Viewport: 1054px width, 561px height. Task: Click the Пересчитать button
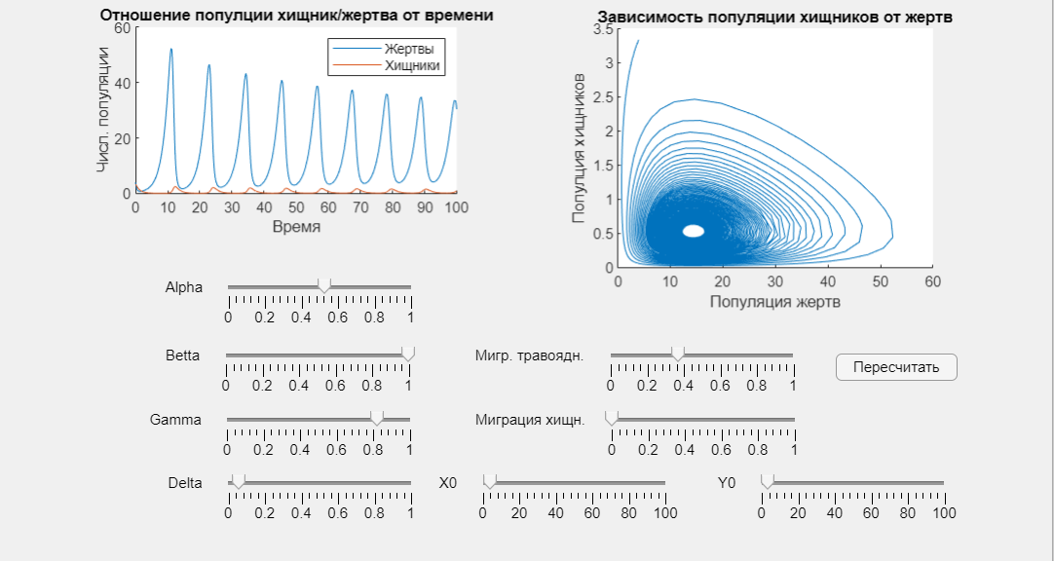click(896, 367)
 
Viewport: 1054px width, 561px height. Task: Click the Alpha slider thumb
click(324, 285)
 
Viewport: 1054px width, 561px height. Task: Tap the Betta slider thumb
click(408, 354)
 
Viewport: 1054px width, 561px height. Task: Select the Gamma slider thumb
click(377, 418)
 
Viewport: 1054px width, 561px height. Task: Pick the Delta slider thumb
click(238, 481)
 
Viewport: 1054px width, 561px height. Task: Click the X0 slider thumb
click(490, 481)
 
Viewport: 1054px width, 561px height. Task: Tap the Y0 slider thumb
click(768, 481)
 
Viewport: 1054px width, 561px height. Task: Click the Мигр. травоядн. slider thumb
click(678, 354)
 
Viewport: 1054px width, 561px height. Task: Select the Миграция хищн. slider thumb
click(612, 418)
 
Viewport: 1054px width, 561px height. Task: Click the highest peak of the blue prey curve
click(170, 49)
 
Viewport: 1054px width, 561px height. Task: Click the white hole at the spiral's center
click(693, 231)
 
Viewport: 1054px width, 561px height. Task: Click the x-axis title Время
click(296, 227)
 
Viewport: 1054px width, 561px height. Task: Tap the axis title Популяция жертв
click(775, 302)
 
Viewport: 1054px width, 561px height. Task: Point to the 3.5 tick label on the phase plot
click(603, 29)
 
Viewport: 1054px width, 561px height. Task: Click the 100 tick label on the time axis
click(457, 208)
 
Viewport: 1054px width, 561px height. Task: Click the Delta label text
click(185, 483)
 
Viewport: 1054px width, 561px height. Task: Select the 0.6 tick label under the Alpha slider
click(338, 318)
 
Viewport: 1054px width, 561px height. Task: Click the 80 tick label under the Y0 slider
click(908, 513)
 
